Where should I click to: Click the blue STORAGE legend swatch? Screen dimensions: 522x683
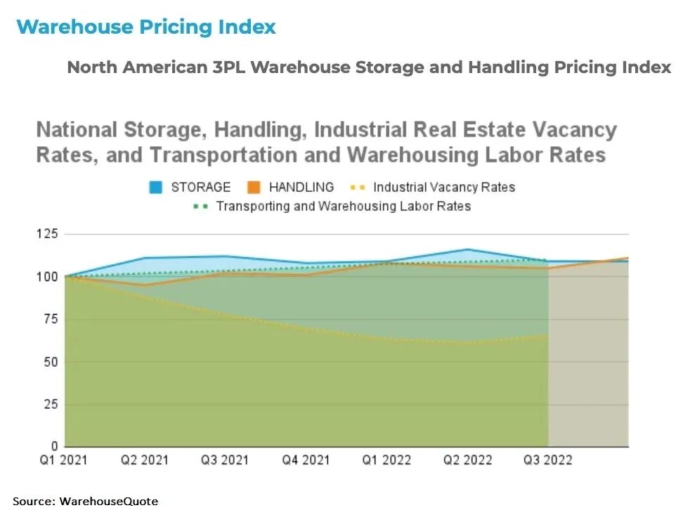(x=155, y=188)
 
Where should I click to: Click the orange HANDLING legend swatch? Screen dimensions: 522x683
(x=254, y=188)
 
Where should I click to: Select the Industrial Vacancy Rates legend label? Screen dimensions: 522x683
(x=443, y=188)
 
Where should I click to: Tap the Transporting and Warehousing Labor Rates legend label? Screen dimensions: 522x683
(x=343, y=207)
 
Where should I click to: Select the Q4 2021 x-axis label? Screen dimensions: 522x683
(x=306, y=460)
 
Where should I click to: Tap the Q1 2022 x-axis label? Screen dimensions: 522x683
(x=386, y=460)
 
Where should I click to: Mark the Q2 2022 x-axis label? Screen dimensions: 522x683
(x=467, y=460)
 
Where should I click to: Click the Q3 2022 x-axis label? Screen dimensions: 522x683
(x=547, y=460)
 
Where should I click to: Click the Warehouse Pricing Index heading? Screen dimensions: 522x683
(x=146, y=27)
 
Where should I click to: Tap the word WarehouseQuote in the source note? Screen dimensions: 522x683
(x=109, y=501)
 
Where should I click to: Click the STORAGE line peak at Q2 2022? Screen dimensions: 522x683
(x=467, y=249)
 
